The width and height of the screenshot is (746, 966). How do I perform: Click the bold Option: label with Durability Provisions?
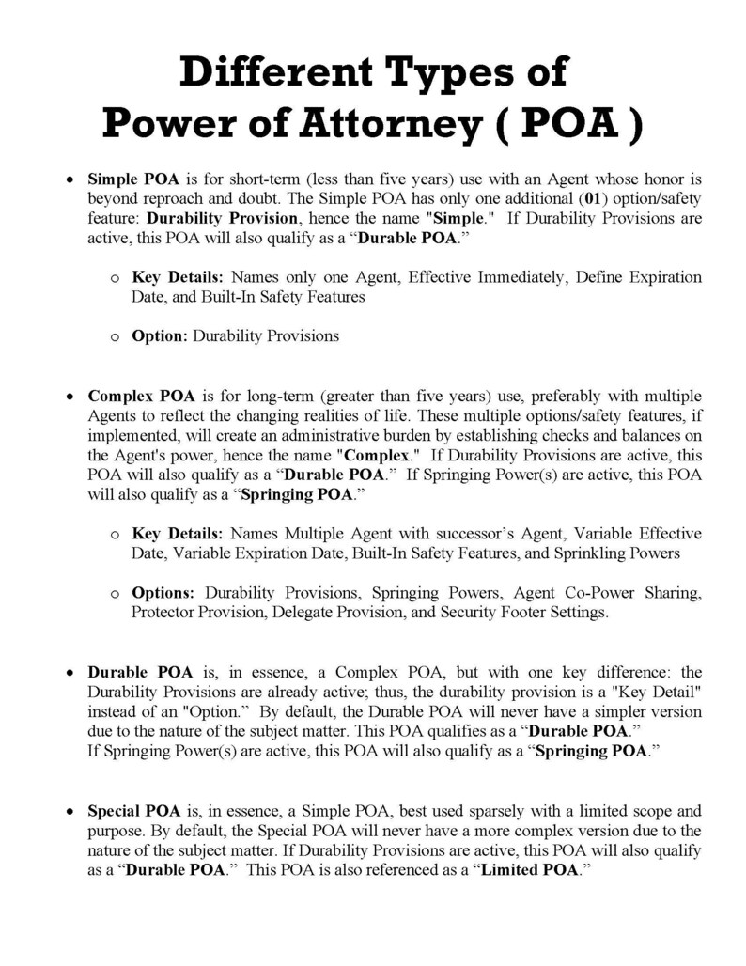coord(160,335)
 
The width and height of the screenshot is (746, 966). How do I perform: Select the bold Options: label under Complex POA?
coord(163,593)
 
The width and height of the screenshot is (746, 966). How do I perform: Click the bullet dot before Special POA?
coord(69,811)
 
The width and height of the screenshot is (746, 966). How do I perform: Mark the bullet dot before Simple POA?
coord(69,178)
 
